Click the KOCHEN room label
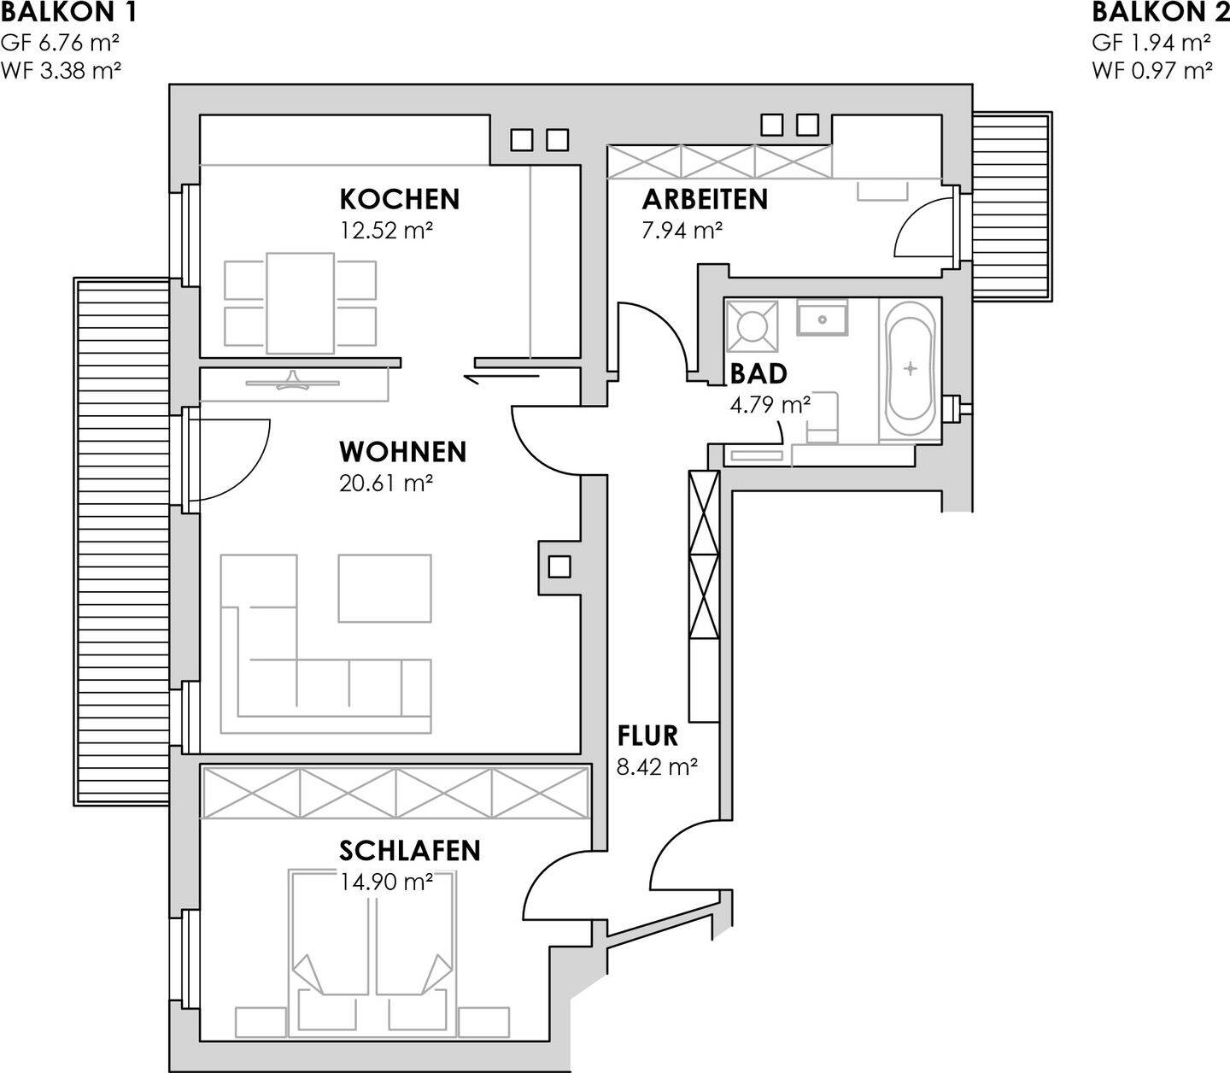[399, 199]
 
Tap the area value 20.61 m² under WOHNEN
[385, 484]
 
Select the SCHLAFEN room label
[409, 851]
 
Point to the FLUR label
[647, 736]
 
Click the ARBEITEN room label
[705, 199]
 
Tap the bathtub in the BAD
[910, 369]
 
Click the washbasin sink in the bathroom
[822, 319]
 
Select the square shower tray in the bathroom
[752, 325]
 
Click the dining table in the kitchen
[300, 302]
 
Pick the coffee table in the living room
[384, 588]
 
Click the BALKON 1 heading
[68, 13]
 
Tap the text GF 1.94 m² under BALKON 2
[1151, 43]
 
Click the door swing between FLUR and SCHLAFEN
[555, 888]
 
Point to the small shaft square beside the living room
[559, 566]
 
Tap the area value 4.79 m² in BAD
[770, 404]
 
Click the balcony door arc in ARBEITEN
[922, 226]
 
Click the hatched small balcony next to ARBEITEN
[1012, 205]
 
